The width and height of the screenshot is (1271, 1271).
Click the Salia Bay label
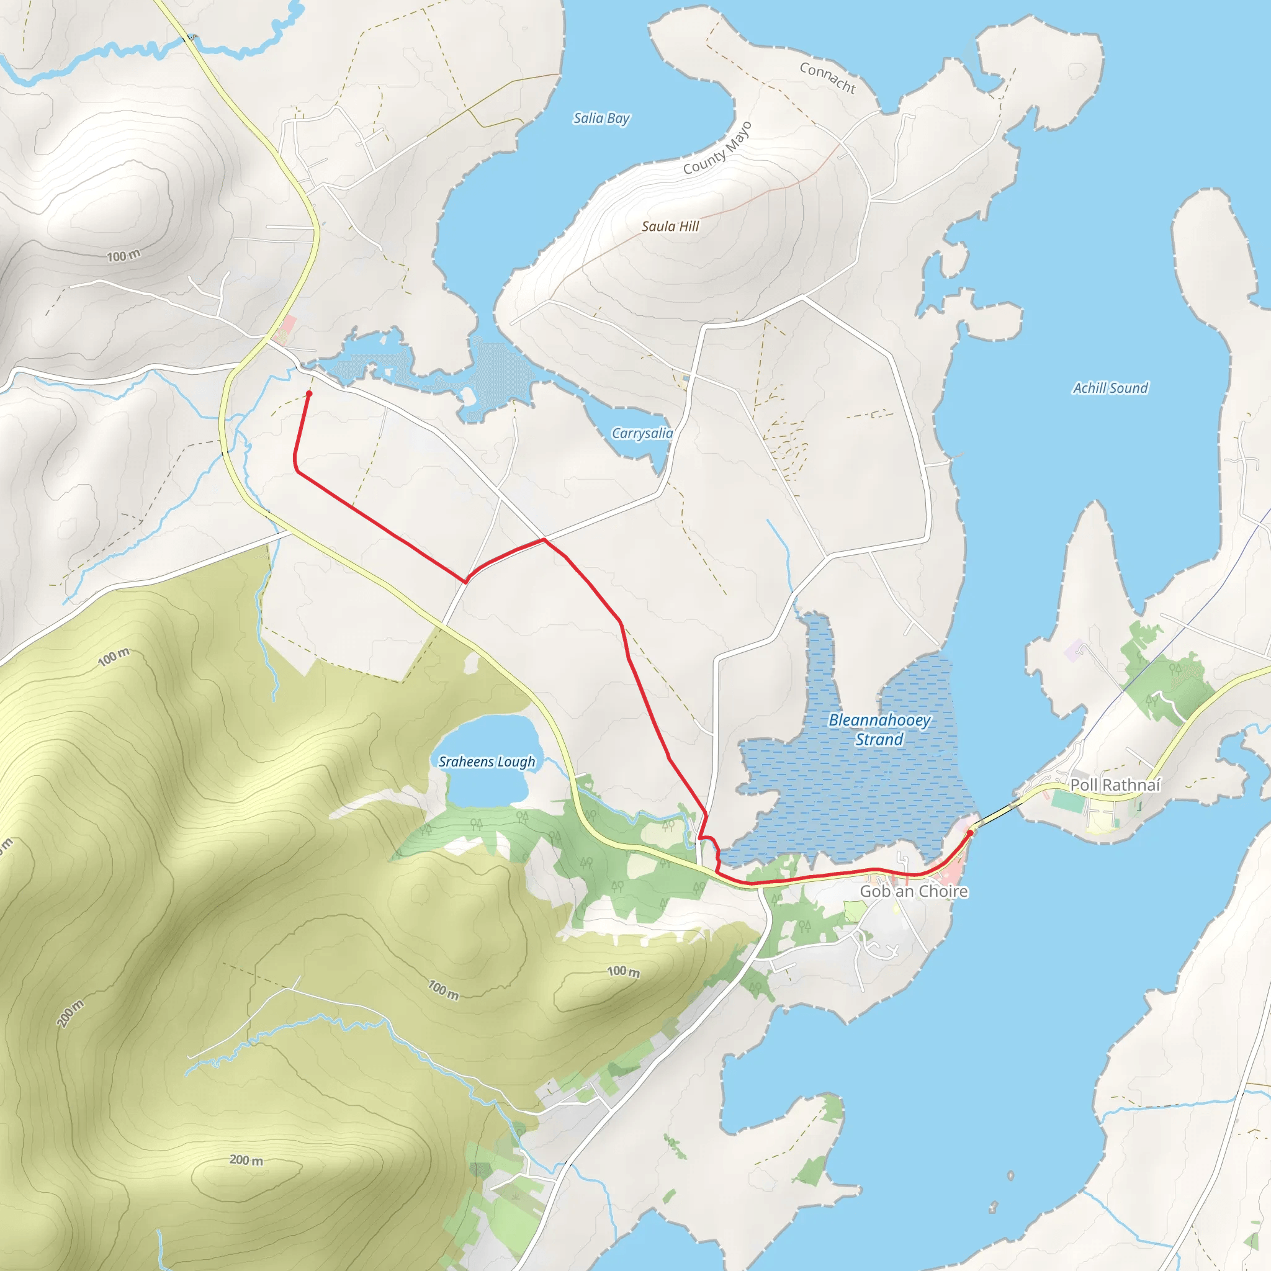(601, 119)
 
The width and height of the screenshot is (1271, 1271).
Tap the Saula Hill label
(670, 227)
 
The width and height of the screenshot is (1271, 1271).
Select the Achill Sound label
(1110, 388)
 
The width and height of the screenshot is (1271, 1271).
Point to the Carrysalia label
(642, 433)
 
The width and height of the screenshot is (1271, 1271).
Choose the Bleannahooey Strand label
(879, 729)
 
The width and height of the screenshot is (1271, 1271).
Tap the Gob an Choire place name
(913, 891)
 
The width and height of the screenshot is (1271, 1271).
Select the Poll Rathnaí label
(1115, 785)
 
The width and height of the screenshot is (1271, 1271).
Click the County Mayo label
(716, 149)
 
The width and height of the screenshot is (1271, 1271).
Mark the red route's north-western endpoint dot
(308, 394)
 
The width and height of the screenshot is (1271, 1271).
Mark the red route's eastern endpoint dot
(970, 833)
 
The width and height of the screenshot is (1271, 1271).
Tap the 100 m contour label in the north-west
(124, 255)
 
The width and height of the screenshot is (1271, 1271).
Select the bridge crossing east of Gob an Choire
(996, 815)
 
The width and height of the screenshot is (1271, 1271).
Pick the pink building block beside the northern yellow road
(287, 327)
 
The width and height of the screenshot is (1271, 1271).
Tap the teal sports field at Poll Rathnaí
(1067, 801)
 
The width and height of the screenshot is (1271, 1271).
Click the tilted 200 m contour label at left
(70, 1012)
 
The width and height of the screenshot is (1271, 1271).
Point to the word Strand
(879, 739)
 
